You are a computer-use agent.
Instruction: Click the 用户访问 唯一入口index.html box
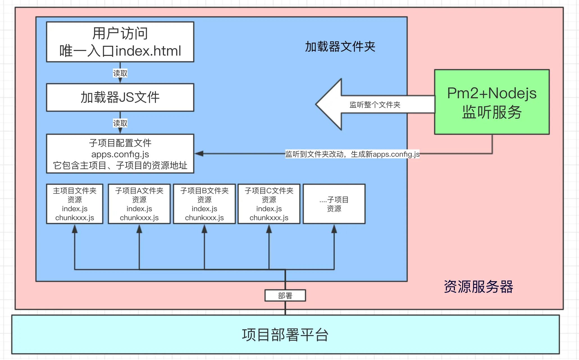120,42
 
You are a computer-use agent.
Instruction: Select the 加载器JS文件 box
120,97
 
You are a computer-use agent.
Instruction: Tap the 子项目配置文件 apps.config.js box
120,154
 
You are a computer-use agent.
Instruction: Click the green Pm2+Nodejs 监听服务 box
492,102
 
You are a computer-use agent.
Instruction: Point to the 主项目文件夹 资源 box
75,204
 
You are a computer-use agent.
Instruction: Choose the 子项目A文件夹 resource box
139,204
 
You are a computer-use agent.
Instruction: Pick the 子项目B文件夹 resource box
204,204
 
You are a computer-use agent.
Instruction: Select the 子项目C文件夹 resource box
269,204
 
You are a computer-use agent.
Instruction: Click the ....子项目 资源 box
334,204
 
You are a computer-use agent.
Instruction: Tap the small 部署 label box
285,295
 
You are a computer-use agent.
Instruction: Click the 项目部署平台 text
285,335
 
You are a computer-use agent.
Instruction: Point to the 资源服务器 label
478,287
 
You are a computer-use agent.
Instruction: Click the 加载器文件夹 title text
340,47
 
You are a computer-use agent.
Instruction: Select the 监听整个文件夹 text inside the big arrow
375,105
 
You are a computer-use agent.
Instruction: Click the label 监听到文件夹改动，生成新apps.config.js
352,154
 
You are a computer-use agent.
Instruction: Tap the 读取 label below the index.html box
120,73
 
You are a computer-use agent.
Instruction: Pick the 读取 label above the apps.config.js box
120,123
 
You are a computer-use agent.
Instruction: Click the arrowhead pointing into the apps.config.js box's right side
199,154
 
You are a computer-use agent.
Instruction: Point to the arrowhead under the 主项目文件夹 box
75,229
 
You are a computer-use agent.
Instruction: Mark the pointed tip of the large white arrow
316,104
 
